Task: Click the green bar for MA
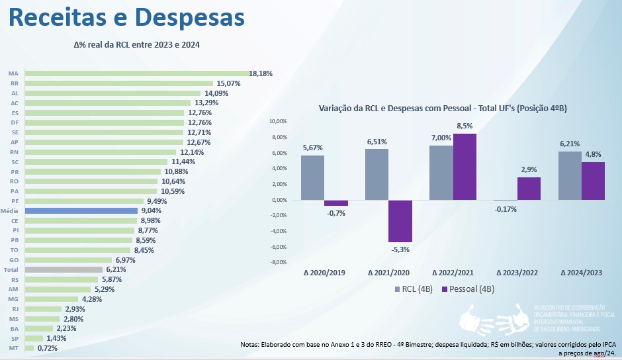pos(136,73)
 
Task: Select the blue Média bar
pos(80,210)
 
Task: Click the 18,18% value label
pos(261,73)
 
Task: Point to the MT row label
pos(13,348)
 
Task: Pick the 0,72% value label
pos(48,348)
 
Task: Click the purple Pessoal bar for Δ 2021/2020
pos(400,221)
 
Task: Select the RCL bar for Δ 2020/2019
pos(313,177)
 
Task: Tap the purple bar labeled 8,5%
pos(465,167)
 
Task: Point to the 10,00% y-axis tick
pos(277,122)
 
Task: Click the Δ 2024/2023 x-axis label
pos(582,273)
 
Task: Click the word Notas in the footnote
pos(251,345)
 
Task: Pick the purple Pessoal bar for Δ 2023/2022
pos(529,189)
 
